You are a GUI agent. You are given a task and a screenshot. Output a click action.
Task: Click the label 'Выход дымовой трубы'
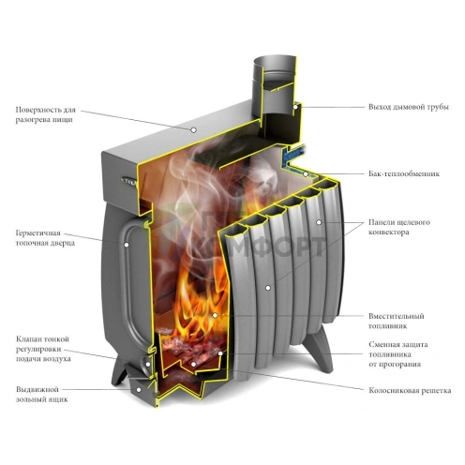[x=408, y=107]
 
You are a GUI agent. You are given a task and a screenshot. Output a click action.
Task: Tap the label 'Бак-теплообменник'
[x=404, y=173]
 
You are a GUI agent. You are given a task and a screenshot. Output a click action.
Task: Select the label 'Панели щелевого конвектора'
[x=399, y=227]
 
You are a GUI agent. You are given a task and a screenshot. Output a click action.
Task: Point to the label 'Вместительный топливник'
[x=396, y=321]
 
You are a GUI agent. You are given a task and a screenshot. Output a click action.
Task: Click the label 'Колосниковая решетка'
[x=410, y=391]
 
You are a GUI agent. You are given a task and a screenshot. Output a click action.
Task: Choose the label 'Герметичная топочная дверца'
[x=45, y=238]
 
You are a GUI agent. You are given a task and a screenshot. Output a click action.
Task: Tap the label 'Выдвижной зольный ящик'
[x=42, y=395]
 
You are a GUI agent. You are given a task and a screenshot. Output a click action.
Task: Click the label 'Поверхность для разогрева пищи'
[x=46, y=114]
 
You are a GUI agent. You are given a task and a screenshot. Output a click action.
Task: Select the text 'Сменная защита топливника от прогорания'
[x=398, y=354]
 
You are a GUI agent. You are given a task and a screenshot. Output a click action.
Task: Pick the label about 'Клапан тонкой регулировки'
[x=43, y=349]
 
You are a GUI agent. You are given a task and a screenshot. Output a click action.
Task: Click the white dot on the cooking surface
[x=194, y=129]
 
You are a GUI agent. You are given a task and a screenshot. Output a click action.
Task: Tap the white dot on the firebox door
[x=127, y=245]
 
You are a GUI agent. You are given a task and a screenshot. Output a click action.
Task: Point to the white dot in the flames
[x=215, y=315]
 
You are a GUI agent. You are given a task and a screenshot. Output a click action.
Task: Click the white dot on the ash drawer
[x=139, y=389]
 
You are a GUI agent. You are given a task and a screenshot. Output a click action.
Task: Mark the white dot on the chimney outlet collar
[x=295, y=107]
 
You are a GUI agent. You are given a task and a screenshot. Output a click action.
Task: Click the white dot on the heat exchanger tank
[x=307, y=173]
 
